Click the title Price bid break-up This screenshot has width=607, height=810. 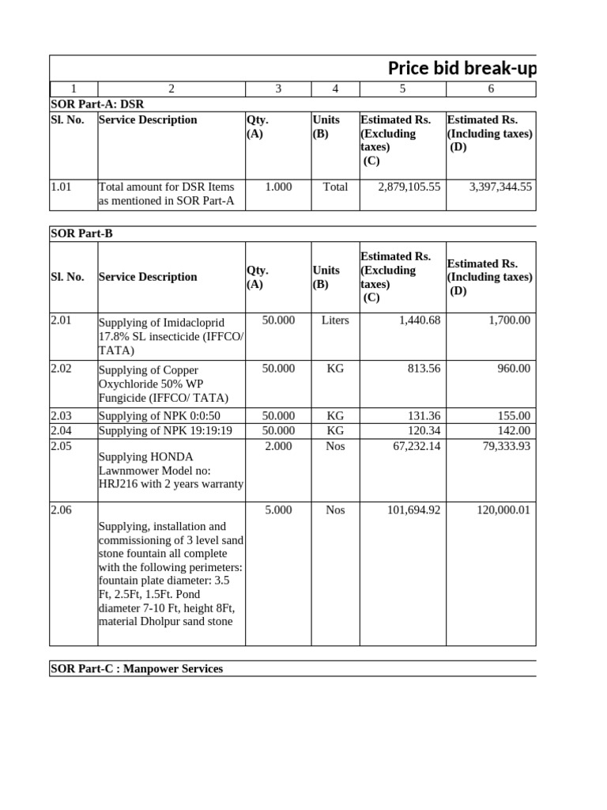[462, 69]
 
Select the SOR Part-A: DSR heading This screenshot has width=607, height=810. [97, 104]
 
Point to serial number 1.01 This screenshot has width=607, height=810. [61, 187]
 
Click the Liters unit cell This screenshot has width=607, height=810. [335, 320]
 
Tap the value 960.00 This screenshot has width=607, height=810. [514, 368]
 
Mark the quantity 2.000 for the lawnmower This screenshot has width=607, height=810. [278, 446]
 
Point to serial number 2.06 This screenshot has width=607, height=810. [61, 510]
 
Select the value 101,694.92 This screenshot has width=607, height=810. [413, 510]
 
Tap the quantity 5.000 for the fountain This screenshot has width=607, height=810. [278, 510]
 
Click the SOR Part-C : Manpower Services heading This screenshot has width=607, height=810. [137, 669]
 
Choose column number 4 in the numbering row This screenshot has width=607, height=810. [335, 89]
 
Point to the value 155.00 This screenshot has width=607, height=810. [514, 415]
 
